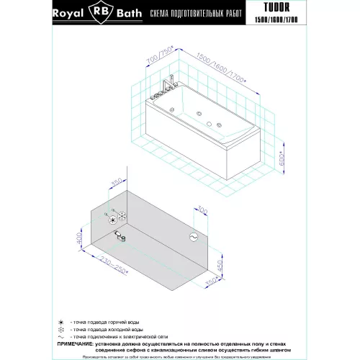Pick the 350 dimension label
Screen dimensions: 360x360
(x=116, y=185)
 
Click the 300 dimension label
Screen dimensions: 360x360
(x=202, y=212)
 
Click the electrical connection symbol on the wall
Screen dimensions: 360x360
(x=193, y=236)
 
